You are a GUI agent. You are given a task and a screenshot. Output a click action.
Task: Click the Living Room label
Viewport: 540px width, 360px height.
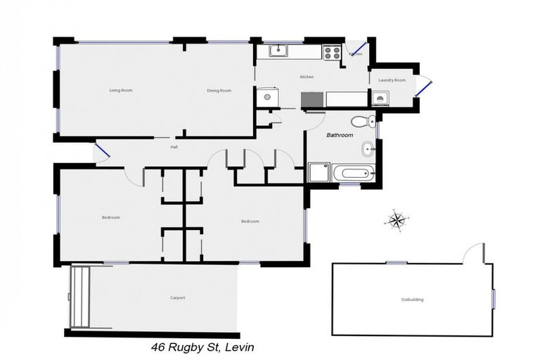click(x=121, y=91)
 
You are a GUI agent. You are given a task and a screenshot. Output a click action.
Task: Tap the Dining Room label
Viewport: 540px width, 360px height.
click(x=219, y=91)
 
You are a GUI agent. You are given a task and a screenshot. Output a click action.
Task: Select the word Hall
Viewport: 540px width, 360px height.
click(x=174, y=147)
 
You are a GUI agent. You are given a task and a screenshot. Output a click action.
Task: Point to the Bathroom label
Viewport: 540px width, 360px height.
click(x=340, y=135)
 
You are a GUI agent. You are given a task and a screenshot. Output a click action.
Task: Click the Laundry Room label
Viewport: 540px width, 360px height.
click(x=392, y=80)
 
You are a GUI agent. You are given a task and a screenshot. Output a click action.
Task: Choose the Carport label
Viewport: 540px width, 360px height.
click(x=178, y=298)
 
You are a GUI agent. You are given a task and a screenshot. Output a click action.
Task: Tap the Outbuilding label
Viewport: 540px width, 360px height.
click(x=412, y=300)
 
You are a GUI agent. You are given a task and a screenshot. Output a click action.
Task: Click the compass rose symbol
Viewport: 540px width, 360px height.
click(x=397, y=220)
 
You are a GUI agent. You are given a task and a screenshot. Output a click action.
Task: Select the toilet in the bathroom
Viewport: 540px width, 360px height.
click(x=361, y=120)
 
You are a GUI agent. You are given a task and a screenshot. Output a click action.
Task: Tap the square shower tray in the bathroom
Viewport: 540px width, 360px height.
click(x=319, y=173)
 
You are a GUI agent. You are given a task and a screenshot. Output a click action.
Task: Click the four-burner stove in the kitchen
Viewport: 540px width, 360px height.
click(x=332, y=51)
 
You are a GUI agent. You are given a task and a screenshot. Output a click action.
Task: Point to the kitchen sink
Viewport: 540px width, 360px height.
click(x=279, y=49)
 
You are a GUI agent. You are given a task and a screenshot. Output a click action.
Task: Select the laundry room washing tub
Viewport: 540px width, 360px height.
click(x=380, y=98)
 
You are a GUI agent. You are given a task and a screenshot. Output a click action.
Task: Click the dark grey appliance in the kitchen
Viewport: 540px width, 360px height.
click(x=312, y=99)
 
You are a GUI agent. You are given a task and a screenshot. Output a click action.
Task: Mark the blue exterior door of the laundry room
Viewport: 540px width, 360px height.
click(x=425, y=87)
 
